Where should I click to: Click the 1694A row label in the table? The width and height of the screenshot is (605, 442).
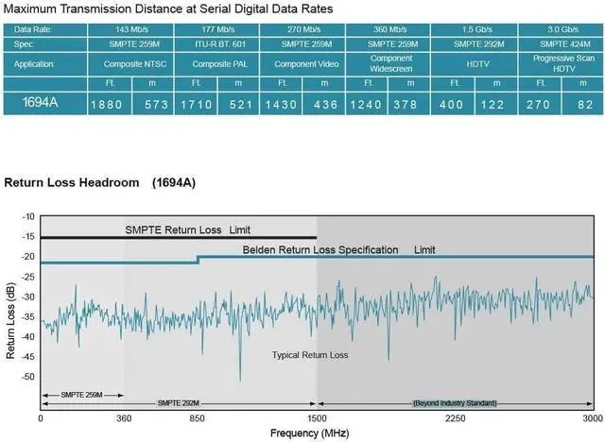click(40, 102)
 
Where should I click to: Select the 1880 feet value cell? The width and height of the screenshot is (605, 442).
click(106, 103)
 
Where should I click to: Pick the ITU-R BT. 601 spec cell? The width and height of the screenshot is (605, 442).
click(218, 44)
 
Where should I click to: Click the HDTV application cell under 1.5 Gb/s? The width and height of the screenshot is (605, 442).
click(473, 64)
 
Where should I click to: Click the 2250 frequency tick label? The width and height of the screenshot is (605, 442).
click(455, 416)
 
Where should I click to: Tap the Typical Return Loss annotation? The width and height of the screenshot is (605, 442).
click(310, 355)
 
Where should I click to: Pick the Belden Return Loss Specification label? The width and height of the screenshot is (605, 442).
click(321, 249)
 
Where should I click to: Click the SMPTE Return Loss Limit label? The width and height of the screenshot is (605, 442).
click(188, 229)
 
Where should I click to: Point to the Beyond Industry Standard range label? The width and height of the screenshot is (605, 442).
click(455, 403)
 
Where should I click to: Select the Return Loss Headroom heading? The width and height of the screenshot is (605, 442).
click(72, 181)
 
